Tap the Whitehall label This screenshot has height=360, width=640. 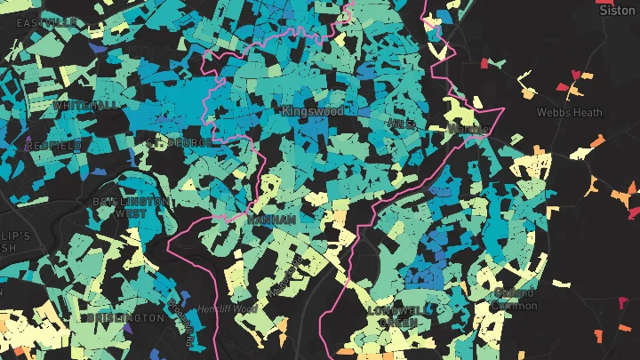click(x=84, y=105)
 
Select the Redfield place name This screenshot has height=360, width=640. click(x=53, y=145)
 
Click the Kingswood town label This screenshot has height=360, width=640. click(x=312, y=113)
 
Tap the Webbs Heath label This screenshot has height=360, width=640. click(x=569, y=113)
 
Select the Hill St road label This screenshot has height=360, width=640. click(x=403, y=123)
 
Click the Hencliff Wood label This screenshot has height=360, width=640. click(x=230, y=308)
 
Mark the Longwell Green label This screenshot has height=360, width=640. click(x=397, y=316)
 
